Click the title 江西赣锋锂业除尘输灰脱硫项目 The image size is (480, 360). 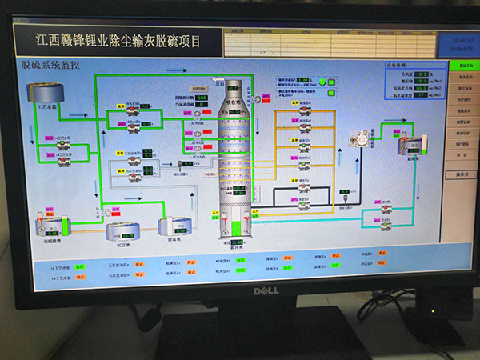click(x=118, y=38)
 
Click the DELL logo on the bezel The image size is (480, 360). click(x=266, y=290)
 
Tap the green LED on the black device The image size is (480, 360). click(x=433, y=310)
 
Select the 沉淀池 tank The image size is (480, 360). click(x=123, y=232)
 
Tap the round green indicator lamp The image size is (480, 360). click(x=322, y=81)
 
